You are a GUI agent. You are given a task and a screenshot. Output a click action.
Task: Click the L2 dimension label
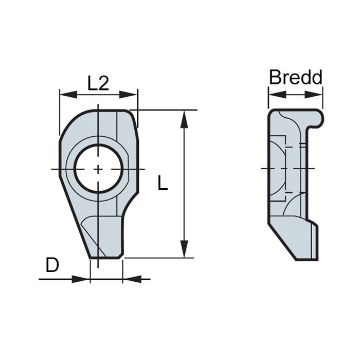pos(98,83)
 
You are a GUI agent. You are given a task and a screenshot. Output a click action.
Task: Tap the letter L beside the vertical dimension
pos(163,183)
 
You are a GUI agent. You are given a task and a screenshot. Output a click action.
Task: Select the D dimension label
pos(52,265)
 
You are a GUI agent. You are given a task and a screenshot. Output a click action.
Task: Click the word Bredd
pos(296,78)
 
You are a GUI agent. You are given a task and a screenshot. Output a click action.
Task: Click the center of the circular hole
pos(98,169)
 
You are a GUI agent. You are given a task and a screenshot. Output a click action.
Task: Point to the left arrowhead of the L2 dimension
pos(64,94)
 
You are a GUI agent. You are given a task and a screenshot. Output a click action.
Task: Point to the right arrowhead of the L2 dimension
pos(133,94)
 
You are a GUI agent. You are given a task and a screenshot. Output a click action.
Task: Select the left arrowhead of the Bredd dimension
pos(273,94)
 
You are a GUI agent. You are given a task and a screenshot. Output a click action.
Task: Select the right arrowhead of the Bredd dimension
pos(318,94)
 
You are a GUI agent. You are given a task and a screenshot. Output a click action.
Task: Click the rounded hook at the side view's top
pos(318,118)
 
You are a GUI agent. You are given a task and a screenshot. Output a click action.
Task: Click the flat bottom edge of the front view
pos(106,258)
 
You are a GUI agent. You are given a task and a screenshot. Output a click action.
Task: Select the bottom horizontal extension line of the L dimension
pos(159,258)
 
